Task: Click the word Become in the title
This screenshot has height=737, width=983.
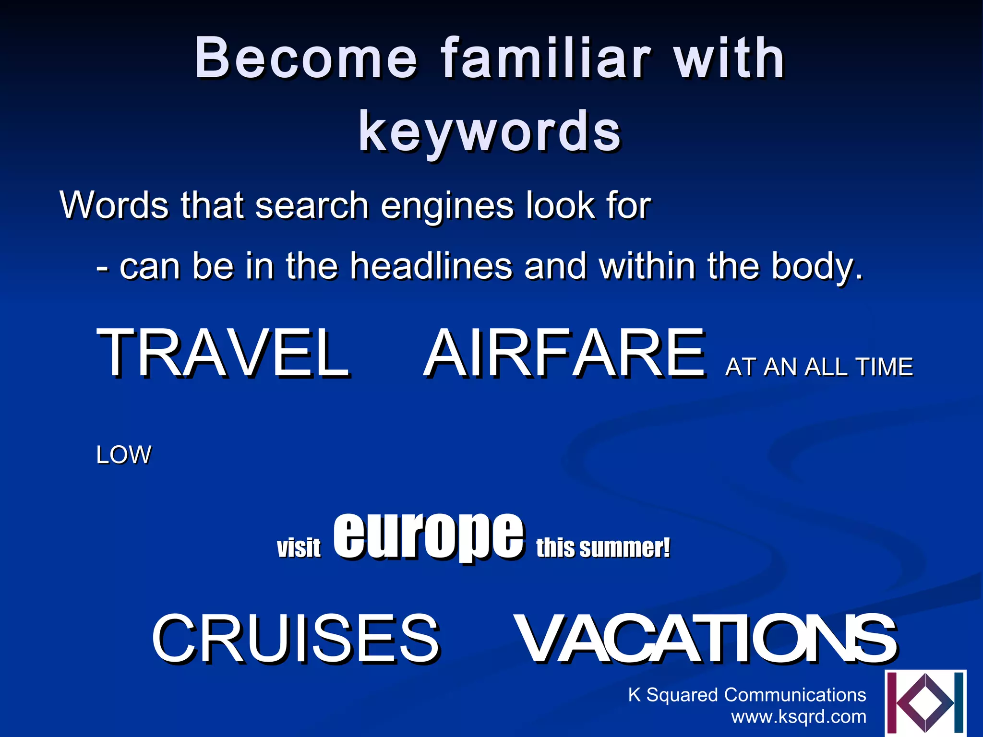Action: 306,59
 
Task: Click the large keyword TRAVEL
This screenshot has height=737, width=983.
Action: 223,354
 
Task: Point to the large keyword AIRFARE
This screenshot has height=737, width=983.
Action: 564,354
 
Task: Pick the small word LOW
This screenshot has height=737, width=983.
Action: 124,455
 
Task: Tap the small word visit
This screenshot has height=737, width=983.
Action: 299,547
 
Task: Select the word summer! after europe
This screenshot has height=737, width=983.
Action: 624,547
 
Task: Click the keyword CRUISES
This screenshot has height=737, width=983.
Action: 296,639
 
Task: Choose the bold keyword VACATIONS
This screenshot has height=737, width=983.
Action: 705,639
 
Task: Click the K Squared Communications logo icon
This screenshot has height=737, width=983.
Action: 925,703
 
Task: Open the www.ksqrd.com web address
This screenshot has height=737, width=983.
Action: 799,716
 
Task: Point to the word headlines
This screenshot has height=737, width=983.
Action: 431,266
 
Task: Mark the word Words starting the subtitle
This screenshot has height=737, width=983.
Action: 114,205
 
